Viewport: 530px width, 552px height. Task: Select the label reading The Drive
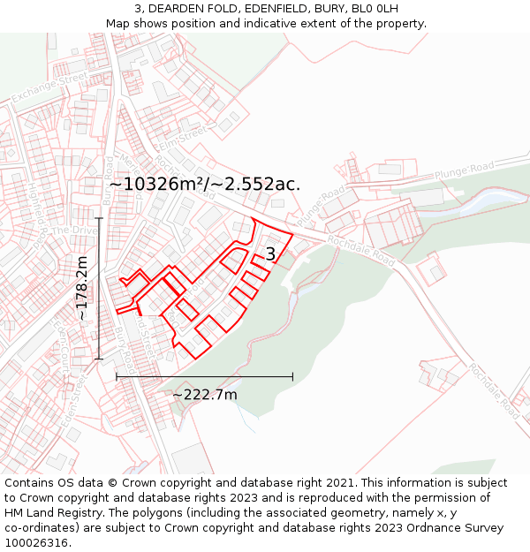[73, 231]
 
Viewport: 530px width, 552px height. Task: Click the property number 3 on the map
[270, 254]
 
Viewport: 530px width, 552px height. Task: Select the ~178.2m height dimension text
[82, 288]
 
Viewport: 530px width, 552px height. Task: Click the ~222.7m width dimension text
[204, 394]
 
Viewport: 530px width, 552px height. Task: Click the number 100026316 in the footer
[37, 542]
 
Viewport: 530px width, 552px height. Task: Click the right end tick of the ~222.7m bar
[292, 377]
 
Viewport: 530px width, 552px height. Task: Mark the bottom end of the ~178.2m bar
[99, 359]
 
